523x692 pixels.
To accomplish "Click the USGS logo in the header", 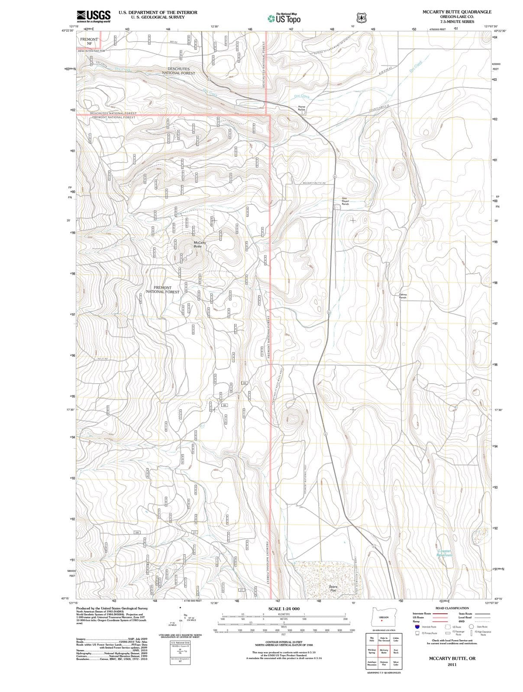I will click(x=94, y=16).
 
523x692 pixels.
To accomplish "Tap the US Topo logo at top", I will click(x=284, y=19).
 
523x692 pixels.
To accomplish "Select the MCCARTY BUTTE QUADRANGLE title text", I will click(x=457, y=12).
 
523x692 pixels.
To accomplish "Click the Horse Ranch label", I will click(x=302, y=108).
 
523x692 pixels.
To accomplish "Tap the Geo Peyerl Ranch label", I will click(x=345, y=201).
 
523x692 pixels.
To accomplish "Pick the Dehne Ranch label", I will click(x=403, y=296).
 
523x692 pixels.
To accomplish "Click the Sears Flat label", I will click(x=333, y=589).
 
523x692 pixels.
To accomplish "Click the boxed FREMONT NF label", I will click(x=89, y=42).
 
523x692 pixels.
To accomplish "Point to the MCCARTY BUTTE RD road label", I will click(x=314, y=183).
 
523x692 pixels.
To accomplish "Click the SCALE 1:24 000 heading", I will click(x=284, y=609).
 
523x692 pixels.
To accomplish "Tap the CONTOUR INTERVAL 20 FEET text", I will click(x=284, y=642).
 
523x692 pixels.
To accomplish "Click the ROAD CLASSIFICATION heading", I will click(x=452, y=608).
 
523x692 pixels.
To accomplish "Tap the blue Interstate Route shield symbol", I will click(x=417, y=627).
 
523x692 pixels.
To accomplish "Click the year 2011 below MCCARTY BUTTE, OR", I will click(x=452, y=664).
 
